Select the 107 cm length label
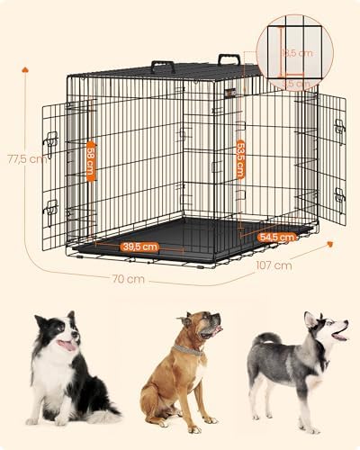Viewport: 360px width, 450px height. (x=274, y=265)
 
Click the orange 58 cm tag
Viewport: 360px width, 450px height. (x=91, y=161)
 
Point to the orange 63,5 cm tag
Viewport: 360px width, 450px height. (x=240, y=158)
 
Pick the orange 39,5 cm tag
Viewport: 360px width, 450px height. (x=139, y=246)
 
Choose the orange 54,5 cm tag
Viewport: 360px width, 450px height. (x=276, y=237)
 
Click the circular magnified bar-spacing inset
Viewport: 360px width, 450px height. (x=293, y=52)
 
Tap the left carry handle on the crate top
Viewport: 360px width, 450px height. (x=163, y=66)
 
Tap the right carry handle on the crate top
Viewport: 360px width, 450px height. (x=229, y=60)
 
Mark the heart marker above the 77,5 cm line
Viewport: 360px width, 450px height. (x=25, y=67)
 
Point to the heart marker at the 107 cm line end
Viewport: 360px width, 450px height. (x=329, y=243)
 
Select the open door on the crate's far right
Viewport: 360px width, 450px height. (x=331, y=162)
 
